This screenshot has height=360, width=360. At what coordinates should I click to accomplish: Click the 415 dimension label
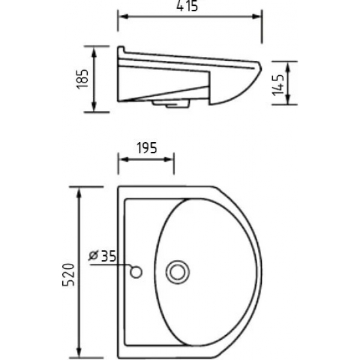click(187, 6)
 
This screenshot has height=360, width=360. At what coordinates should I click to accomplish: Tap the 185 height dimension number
click(82, 79)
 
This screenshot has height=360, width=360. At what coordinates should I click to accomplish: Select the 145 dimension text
click(278, 84)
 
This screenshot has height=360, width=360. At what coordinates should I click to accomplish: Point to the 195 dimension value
click(147, 148)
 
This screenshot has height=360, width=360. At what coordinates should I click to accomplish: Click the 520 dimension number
click(69, 275)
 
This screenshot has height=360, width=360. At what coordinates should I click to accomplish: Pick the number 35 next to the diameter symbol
click(109, 256)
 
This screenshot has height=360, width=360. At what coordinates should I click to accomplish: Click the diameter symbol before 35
click(94, 255)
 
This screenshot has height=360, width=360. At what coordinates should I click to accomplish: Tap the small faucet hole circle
click(136, 272)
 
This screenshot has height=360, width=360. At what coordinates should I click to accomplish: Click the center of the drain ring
click(177, 272)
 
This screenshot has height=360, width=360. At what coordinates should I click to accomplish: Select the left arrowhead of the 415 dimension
click(124, 16)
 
